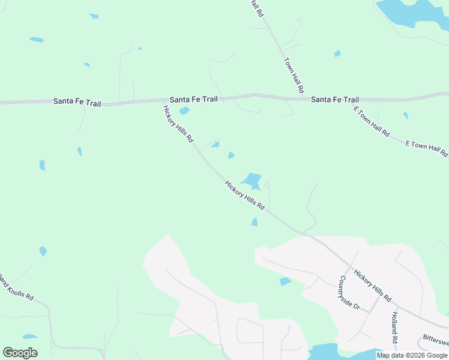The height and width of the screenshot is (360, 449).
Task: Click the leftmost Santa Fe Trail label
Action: pyautogui.click(x=77, y=102)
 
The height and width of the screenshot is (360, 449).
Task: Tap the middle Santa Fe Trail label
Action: pyautogui.click(x=193, y=99)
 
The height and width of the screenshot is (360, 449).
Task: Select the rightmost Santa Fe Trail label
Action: pyautogui.click(x=334, y=100)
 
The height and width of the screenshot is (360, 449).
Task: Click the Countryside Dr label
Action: pyautogui.click(x=349, y=293)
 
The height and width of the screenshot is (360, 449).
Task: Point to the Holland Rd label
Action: pyautogui.click(x=394, y=327)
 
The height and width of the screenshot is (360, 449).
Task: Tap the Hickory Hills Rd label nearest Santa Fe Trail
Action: pyautogui.click(x=178, y=124)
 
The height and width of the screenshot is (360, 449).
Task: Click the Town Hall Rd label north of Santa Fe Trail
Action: pyautogui.click(x=294, y=75)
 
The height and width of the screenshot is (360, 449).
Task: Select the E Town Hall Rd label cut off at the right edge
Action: pyautogui.click(x=427, y=148)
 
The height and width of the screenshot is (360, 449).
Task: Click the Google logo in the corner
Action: pyautogui.click(x=20, y=353)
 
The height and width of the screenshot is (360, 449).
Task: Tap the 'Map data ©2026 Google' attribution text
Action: pyautogui.click(x=412, y=355)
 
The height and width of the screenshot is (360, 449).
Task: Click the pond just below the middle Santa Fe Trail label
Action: pyautogui.click(x=184, y=110)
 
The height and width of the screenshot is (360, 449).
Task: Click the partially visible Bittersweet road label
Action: pyautogui.click(x=435, y=339)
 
